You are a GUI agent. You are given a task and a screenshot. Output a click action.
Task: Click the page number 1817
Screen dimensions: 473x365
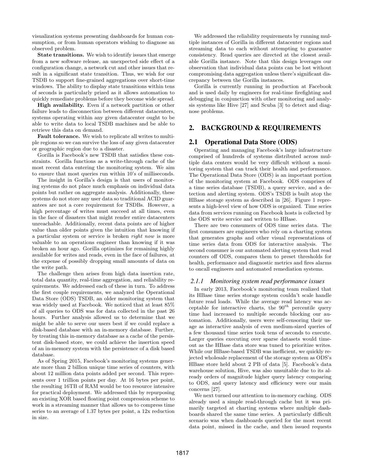click(182, 453)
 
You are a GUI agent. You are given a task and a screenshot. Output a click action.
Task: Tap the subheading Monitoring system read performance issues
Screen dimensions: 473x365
click(267, 281)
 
